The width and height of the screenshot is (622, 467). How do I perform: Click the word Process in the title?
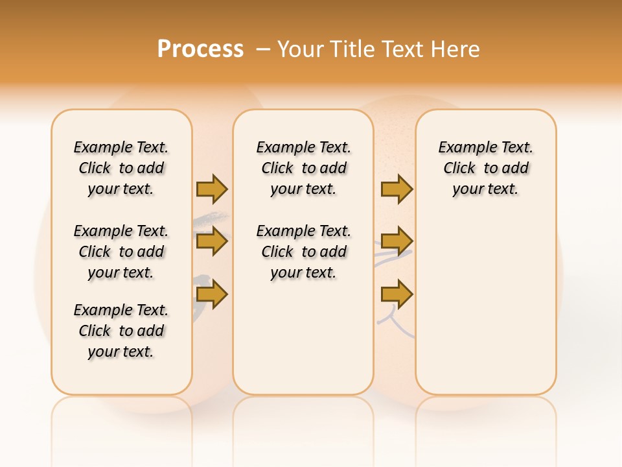pyautogui.click(x=200, y=49)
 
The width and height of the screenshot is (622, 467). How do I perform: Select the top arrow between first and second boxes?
pyautogui.click(x=212, y=189)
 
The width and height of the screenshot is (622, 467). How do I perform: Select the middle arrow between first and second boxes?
pyautogui.click(x=212, y=241)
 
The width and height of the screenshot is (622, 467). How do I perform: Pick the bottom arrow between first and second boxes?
pyautogui.click(x=212, y=294)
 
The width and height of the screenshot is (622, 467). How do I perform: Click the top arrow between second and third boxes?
pyautogui.click(x=397, y=189)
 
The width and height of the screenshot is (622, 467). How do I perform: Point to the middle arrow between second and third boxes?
pyautogui.click(x=397, y=241)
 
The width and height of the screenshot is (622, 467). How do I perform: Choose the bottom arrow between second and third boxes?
pyautogui.click(x=397, y=294)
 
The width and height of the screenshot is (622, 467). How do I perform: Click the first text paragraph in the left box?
pyautogui.click(x=121, y=168)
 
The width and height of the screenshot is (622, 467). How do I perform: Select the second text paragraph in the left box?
pyautogui.click(x=121, y=252)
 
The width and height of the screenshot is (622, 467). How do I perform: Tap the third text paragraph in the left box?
pyautogui.click(x=121, y=331)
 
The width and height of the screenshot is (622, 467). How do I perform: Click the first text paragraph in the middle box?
pyautogui.click(x=303, y=168)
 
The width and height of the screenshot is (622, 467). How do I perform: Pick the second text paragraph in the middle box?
pyautogui.click(x=303, y=252)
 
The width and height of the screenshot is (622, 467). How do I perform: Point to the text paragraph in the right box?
pyautogui.click(x=485, y=168)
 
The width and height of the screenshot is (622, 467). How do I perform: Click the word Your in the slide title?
pyautogui.click(x=301, y=49)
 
